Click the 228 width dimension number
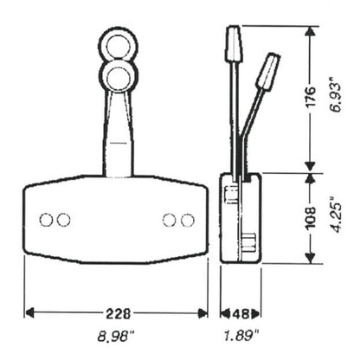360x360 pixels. coord(117,312)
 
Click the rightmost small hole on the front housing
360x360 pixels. coord(187,220)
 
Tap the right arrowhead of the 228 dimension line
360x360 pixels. coord(208,312)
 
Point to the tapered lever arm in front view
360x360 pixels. coord(116,130)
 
